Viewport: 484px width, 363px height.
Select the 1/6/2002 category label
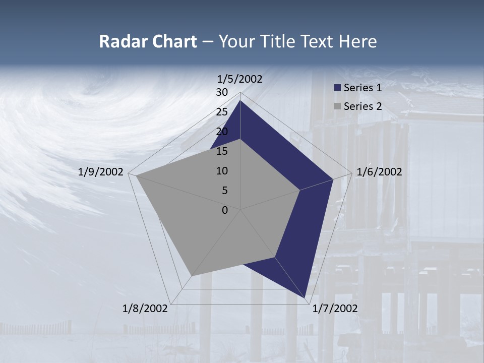379,172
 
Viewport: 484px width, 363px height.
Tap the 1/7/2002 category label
335,309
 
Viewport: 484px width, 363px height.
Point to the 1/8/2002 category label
145,309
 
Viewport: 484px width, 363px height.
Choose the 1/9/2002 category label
101,172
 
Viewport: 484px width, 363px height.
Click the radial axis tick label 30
222,92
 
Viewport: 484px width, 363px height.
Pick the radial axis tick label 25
222,112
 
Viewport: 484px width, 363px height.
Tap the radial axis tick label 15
222,151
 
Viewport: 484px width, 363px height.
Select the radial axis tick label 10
222,171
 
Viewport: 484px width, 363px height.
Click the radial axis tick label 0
225,210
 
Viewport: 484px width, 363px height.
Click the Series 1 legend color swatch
337,88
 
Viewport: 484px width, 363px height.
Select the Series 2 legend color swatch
337,106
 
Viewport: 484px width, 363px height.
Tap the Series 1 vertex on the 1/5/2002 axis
240,100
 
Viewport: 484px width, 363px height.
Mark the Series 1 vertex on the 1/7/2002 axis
305,298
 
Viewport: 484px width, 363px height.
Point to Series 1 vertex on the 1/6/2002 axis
333,179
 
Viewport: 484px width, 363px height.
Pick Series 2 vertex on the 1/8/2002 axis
192,276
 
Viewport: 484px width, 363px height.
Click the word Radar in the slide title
119,41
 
